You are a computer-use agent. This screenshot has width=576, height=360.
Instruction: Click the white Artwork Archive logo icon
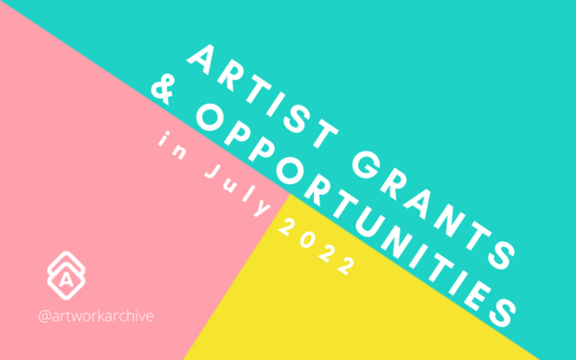pos(65,275)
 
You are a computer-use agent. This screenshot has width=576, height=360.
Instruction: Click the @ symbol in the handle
pos(43,314)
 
